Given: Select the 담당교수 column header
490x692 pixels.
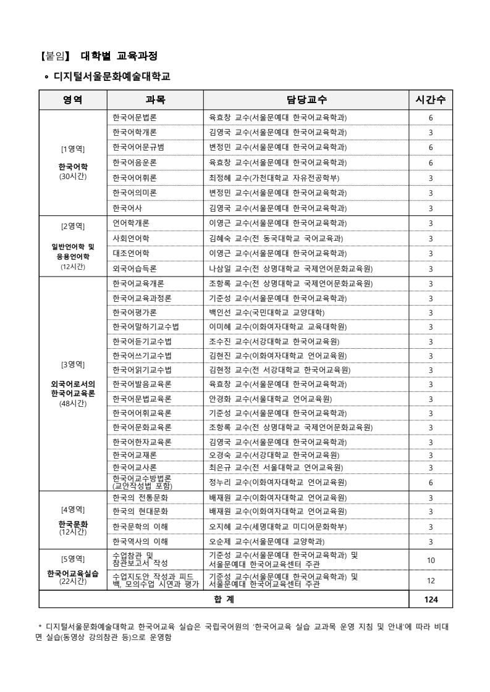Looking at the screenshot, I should click(306, 99).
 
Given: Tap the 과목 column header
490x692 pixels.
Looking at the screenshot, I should click(155, 99).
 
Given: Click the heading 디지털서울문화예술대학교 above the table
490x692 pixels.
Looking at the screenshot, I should click(111, 77).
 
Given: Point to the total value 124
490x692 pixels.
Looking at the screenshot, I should click(431, 599).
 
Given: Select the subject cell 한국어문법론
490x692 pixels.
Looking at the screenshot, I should click(135, 117).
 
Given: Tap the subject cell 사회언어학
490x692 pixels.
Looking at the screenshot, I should click(131, 238).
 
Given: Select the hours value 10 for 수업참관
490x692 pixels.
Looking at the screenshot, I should click(431, 559).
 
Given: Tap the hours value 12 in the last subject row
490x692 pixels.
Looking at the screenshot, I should click(431, 580).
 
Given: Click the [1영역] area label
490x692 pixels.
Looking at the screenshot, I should click(73, 148).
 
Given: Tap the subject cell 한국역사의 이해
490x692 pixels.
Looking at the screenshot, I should click(140, 542).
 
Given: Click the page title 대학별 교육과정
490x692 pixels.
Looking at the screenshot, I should click(119, 56).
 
